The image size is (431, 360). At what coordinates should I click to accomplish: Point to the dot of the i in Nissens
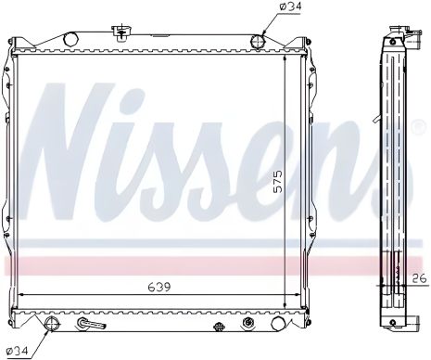[x=158, y=102]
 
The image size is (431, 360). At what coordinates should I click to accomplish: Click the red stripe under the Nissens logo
[x=185, y=265]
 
